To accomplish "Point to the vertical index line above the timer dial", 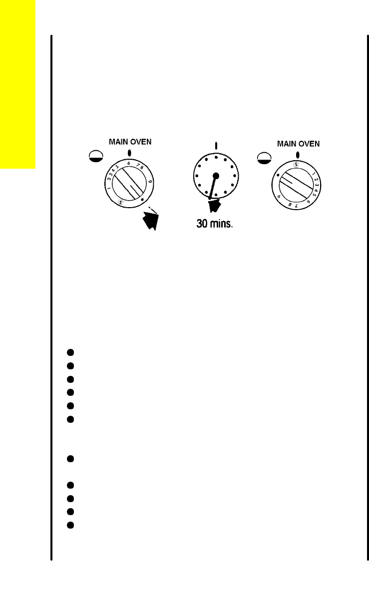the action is point(216,146).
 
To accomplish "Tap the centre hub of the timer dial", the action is point(216,176).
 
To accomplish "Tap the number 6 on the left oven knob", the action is point(129,163).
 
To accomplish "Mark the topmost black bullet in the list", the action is point(71,352).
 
